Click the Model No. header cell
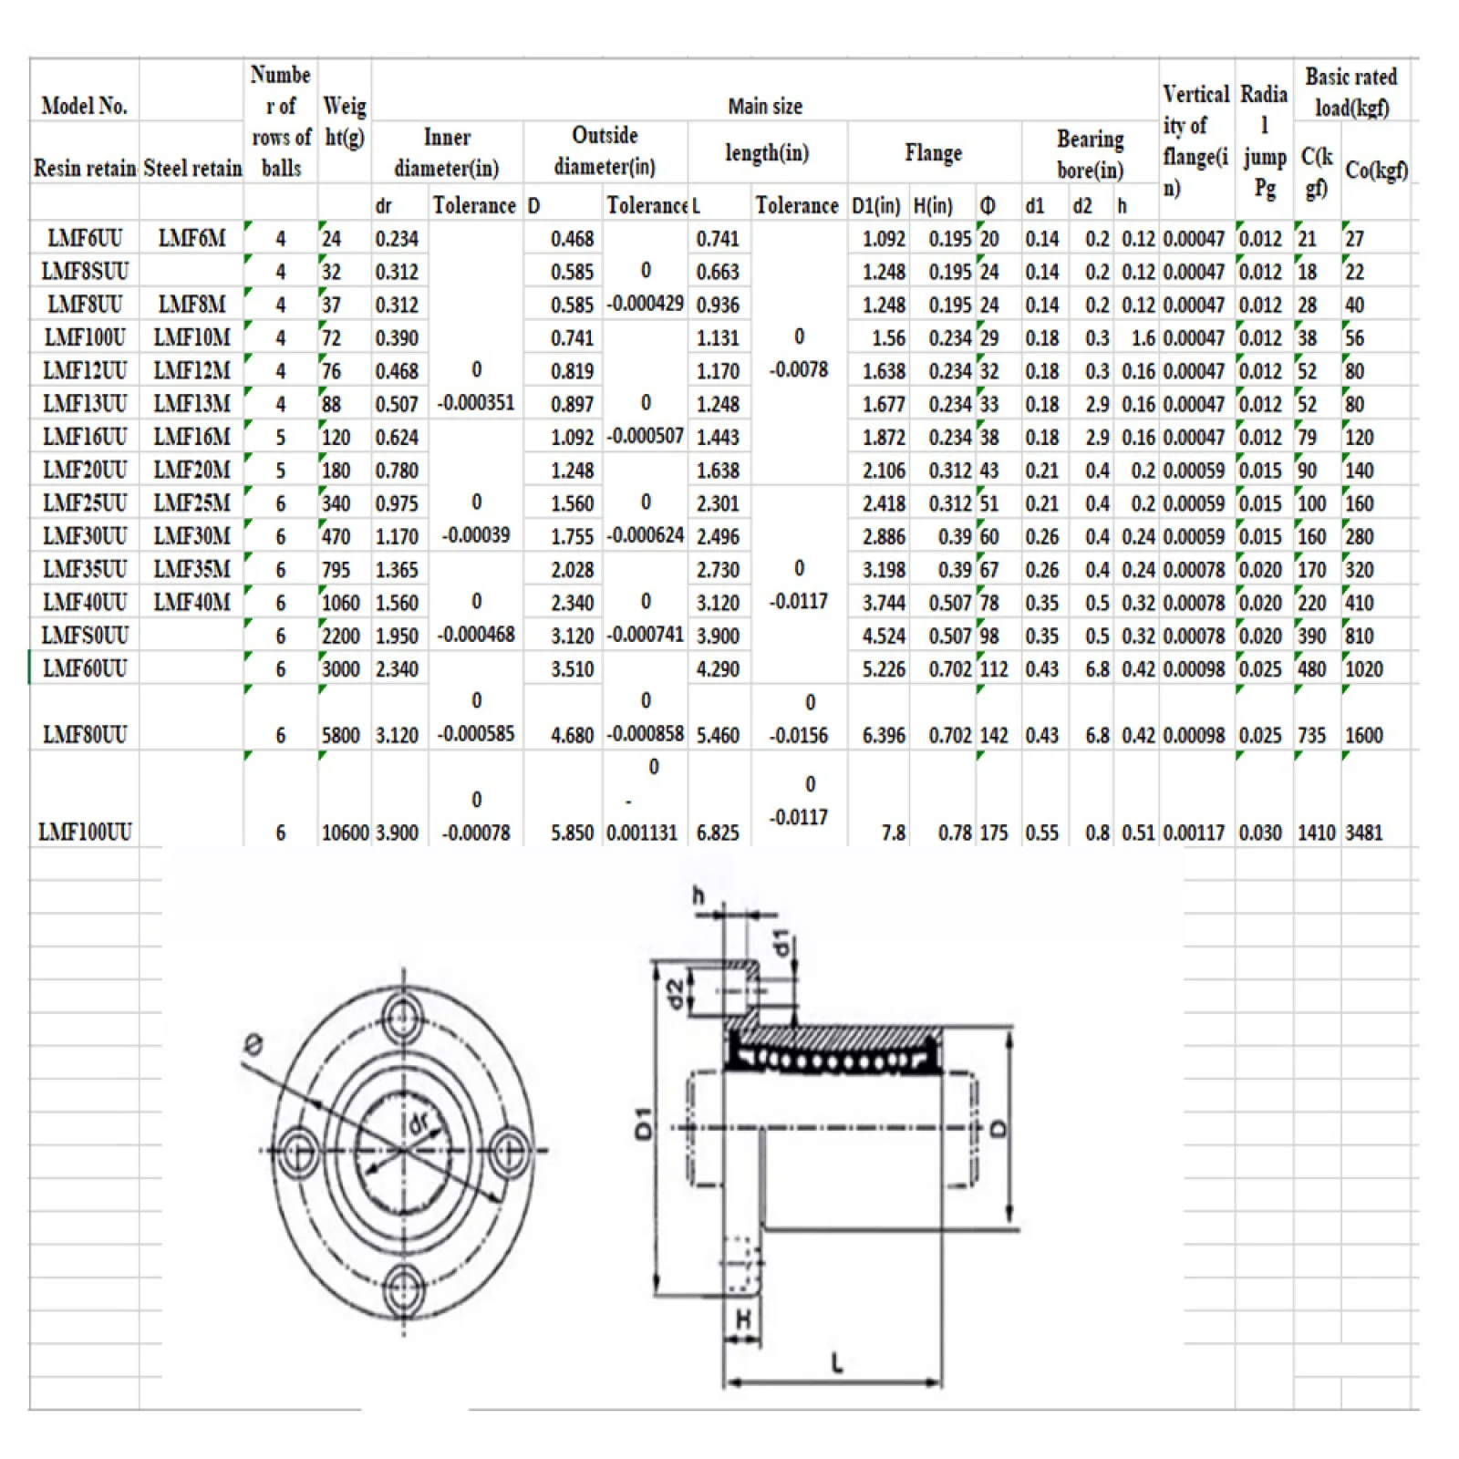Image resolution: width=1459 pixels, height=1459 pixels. [84, 106]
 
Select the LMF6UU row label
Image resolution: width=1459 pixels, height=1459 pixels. [85, 239]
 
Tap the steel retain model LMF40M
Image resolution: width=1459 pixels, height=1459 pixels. [191, 603]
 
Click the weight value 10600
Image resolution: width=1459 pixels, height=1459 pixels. [345, 833]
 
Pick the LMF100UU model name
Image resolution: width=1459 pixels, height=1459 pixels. [85, 833]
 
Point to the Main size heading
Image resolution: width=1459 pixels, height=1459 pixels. [765, 107]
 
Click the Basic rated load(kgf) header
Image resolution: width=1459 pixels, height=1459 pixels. [1351, 92]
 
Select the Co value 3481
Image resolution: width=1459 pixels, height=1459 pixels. [1364, 833]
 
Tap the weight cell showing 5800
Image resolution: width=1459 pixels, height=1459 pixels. [341, 735]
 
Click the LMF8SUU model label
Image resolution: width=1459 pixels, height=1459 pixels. [85, 272]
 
